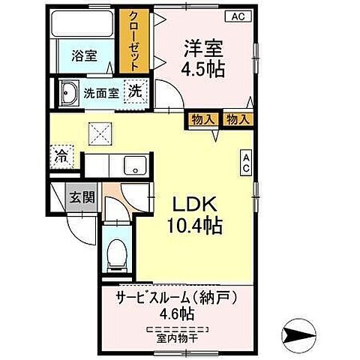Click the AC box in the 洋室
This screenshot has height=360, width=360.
point(236,16)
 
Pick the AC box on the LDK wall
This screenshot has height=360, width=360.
point(245,163)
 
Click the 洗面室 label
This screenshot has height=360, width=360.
point(100,94)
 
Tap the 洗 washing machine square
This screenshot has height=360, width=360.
point(136,91)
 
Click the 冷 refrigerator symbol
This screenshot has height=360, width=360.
point(61,157)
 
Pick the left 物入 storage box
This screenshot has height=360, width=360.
point(200,118)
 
